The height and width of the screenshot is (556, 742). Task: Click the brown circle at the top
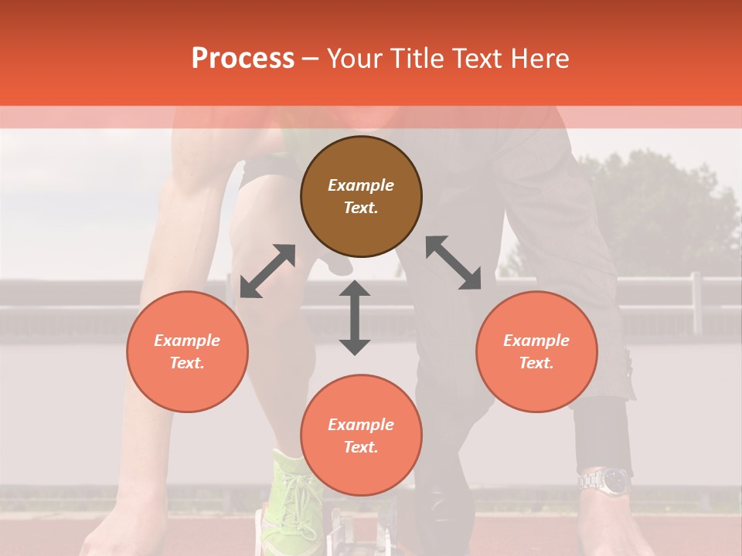[361, 196]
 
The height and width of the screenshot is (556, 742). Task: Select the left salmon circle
[187, 351]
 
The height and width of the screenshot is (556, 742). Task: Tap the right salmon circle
[536, 351]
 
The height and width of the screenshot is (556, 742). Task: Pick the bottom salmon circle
[361, 436]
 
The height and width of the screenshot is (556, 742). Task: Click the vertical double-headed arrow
[355, 317]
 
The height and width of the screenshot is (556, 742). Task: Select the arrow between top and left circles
[267, 271]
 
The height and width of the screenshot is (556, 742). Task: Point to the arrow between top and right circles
[454, 263]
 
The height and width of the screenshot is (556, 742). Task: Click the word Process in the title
[243, 58]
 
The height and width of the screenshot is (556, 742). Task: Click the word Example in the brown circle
[361, 185]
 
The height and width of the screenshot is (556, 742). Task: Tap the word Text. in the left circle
[187, 363]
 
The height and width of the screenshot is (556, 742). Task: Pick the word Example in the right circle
[536, 341]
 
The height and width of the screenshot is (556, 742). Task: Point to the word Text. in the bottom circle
[361, 447]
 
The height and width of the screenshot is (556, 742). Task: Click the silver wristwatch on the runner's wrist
[605, 481]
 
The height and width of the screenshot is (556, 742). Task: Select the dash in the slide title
[310, 59]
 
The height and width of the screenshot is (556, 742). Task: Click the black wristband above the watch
[603, 432]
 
